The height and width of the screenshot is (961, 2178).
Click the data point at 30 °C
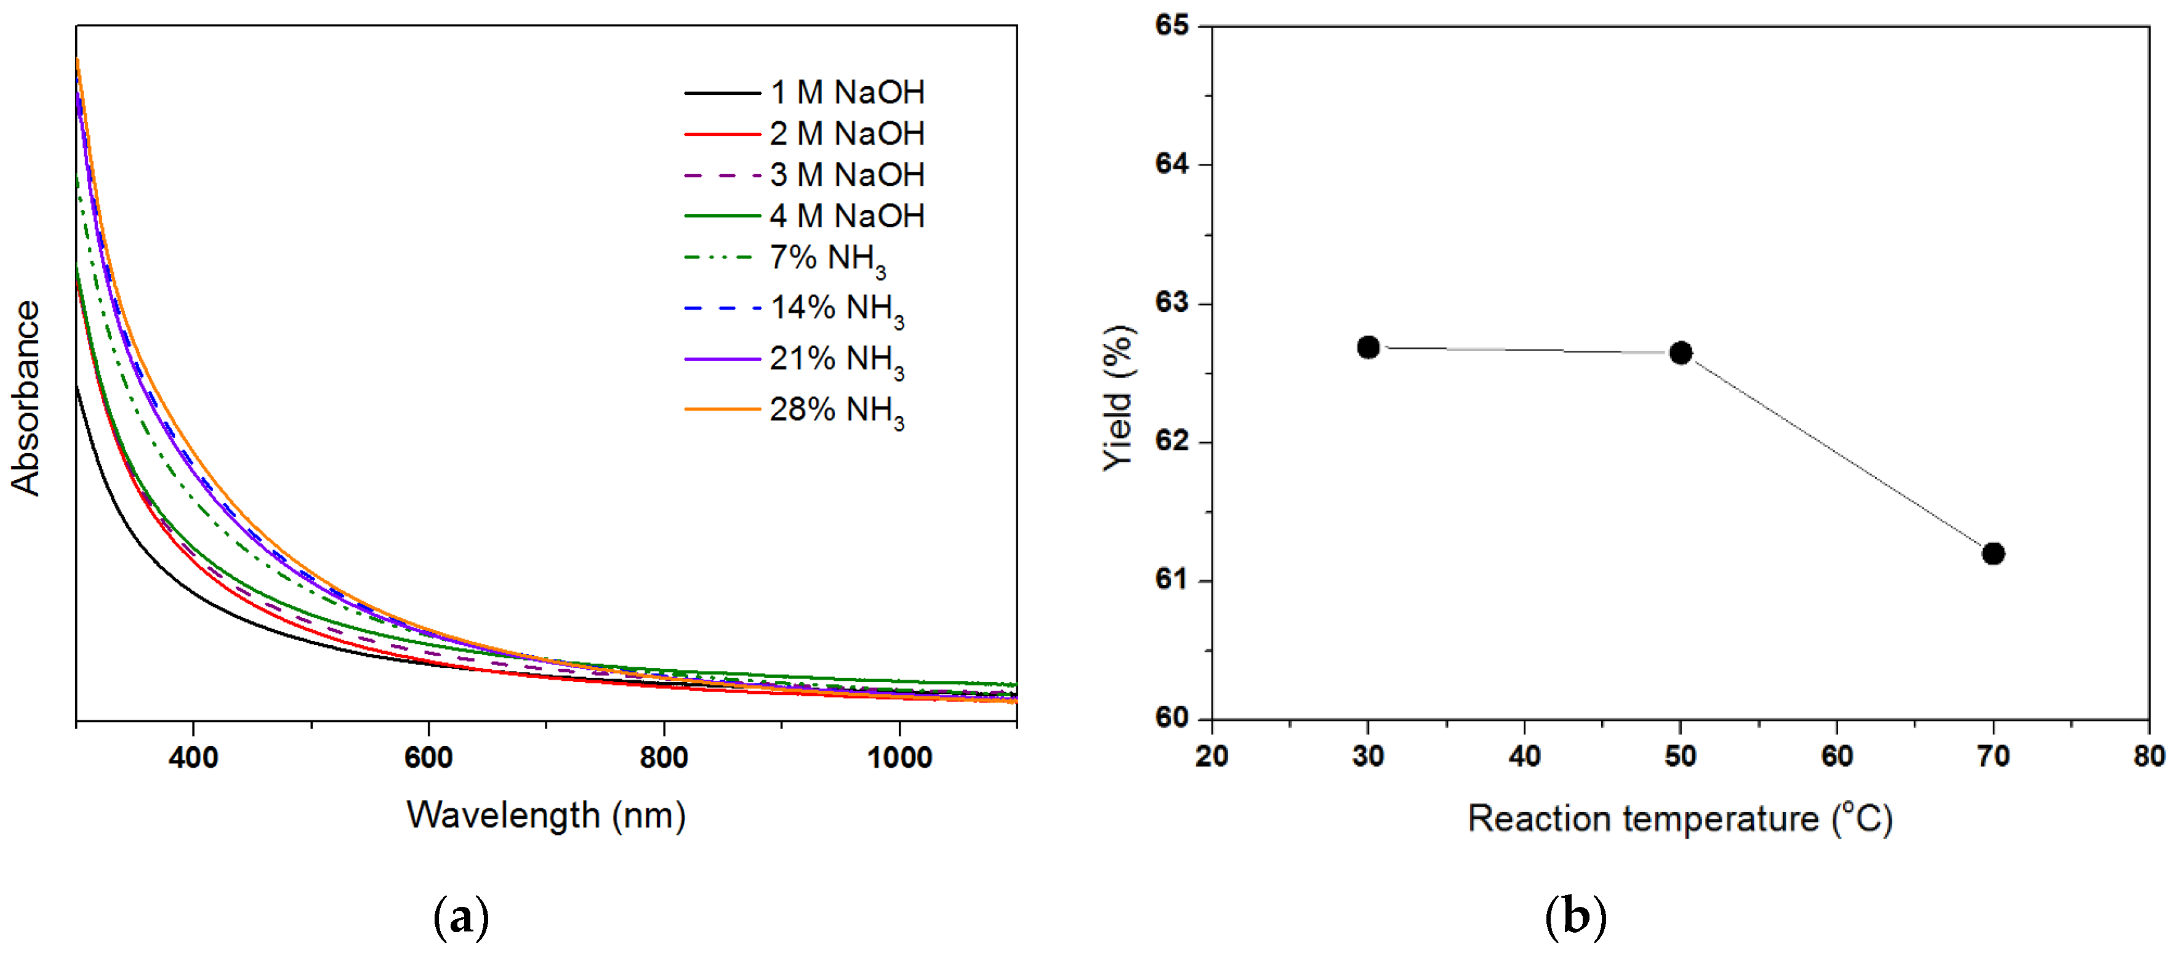1368,347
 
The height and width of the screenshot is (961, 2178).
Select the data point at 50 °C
1681,353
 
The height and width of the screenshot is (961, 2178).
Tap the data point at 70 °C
1993,553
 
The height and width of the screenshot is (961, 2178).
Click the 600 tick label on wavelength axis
428,757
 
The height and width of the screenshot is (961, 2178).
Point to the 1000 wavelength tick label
899,757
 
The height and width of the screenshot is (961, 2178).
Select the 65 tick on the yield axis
1172,25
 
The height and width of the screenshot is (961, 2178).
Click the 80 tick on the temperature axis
2148,755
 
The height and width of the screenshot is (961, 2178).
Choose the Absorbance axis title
25,397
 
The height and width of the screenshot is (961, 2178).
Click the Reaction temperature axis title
1679,818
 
